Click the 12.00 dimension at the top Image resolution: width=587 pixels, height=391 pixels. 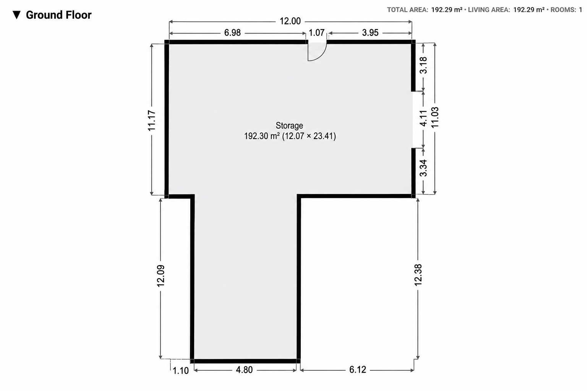[290, 21]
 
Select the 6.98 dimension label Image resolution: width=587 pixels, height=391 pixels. [232, 33]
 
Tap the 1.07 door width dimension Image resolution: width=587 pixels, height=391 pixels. [316, 33]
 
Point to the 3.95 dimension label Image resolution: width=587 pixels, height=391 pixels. [370, 33]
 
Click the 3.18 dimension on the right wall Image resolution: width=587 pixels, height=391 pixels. [423, 65]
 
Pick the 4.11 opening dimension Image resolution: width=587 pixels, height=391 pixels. [423, 118]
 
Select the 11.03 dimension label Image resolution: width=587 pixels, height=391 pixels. [435, 117]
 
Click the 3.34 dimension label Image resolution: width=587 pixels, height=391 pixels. [423, 168]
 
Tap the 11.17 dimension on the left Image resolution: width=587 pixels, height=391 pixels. [152, 120]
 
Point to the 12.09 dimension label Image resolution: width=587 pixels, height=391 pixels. [161, 276]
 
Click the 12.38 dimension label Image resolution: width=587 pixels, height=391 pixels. [418, 275]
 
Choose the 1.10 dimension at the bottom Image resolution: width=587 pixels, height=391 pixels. [180, 371]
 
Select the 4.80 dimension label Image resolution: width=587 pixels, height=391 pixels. [244, 370]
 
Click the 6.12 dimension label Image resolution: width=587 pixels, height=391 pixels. [357, 370]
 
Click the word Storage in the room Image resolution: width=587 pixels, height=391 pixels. [289, 126]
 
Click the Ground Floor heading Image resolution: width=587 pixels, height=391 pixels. [59, 15]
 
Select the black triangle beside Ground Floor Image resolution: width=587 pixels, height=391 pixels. [16, 15]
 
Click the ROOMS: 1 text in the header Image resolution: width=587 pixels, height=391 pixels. [566, 10]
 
